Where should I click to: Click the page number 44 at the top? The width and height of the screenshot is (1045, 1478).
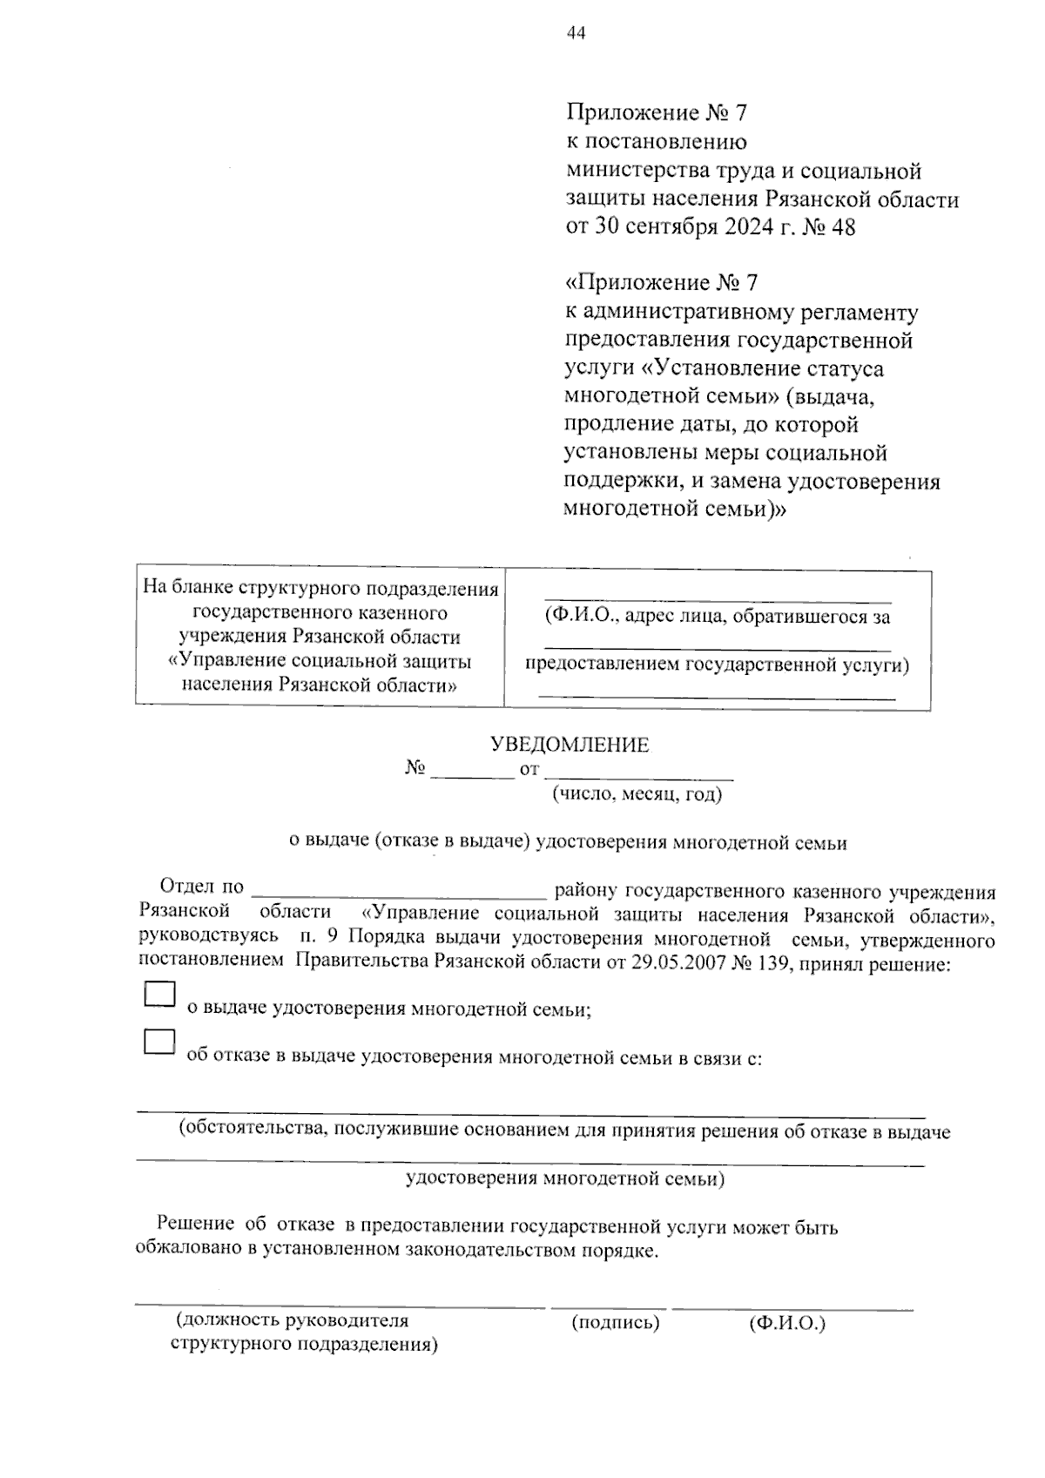click(x=576, y=33)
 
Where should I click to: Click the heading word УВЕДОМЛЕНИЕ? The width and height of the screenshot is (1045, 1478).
click(x=570, y=745)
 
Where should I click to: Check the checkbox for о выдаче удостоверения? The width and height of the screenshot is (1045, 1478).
click(x=159, y=995)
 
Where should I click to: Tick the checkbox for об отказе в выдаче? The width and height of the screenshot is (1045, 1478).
click(x=159, y=1043)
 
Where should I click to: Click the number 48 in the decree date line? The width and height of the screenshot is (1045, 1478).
click(x=843, y=227)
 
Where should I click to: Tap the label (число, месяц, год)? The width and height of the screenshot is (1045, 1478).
click(x=636, y=793)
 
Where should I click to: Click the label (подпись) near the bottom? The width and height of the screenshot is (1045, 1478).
click(x=615, y=1323)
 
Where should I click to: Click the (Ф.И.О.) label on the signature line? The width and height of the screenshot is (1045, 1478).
click(x=786, y=1323)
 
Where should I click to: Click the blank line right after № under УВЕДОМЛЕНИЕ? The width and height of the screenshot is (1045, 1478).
click(x=472, y=774)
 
